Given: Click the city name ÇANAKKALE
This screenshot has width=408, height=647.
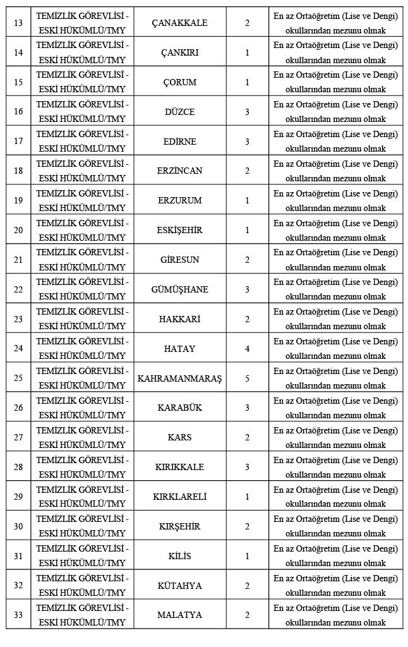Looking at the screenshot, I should [180, 23].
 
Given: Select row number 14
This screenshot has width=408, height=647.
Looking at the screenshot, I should [18, 52].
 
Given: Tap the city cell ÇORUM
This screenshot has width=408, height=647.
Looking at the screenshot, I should [180, 82].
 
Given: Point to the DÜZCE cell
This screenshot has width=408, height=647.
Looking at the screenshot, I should [180, 112].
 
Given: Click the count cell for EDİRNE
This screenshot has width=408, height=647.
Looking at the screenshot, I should [247, 142].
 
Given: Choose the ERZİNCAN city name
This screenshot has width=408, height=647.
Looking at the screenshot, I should [180, 171].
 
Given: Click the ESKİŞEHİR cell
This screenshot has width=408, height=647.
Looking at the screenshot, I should [180, 230].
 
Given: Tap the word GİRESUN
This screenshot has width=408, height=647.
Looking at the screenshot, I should [180, 260].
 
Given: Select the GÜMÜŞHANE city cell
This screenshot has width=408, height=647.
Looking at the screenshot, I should [180, 289].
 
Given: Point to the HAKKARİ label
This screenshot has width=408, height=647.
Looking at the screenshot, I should [180, 319].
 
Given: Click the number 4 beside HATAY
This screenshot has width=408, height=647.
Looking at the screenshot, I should [247, 349].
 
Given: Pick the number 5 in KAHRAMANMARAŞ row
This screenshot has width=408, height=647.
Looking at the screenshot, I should [247, 378].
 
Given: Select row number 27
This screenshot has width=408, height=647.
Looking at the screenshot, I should [18, 437].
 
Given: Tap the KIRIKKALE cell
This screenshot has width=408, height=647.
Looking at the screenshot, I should [180, 467].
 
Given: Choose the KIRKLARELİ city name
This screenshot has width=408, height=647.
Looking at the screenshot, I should [180, 497].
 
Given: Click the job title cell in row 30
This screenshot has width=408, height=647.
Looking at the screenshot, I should [82, 526].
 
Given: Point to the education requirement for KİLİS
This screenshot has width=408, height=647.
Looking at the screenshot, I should [335, 556].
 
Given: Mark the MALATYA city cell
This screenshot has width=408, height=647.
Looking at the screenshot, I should [180, 615].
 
